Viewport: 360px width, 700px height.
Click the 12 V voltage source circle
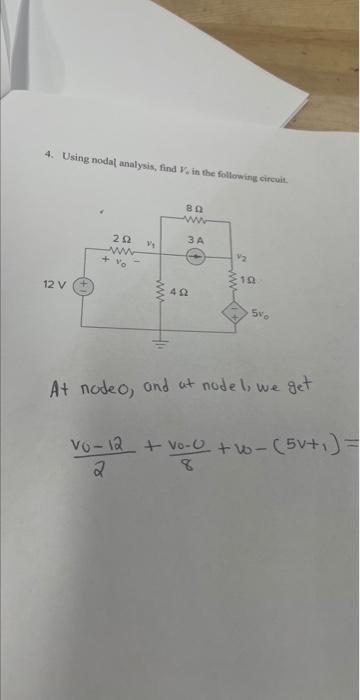point(84,286)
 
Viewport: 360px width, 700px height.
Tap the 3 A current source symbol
point(196,256)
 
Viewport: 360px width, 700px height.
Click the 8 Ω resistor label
point(195,207)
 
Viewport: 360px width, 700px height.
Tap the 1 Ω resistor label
point(259,278)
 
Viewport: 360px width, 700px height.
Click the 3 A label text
point(196,240)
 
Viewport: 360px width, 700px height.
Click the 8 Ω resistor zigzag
point(195,219)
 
